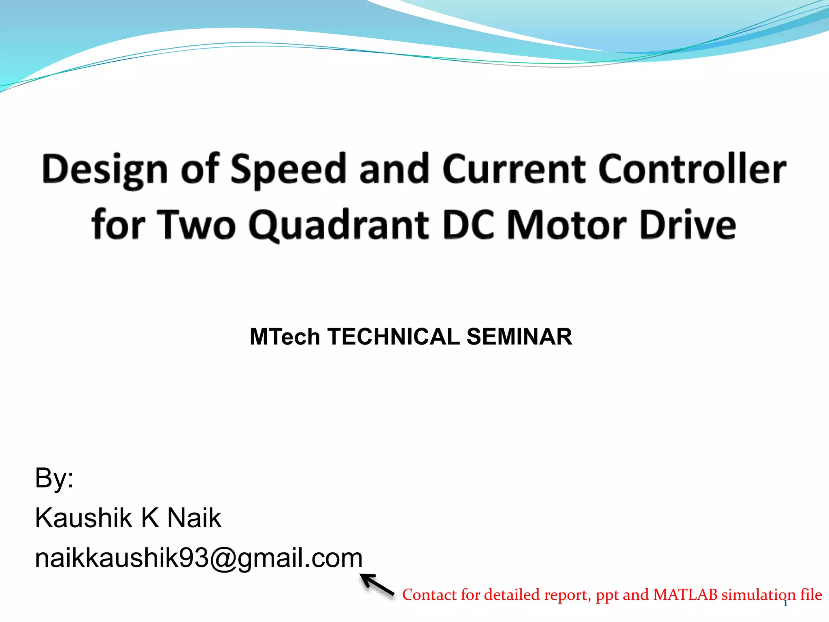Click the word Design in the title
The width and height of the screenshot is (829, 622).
pos(104,169)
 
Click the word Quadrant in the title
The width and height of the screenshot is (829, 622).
pos(338,225)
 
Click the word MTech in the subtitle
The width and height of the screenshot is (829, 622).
pos(285,337)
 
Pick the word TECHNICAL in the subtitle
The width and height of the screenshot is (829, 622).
pos(393,337)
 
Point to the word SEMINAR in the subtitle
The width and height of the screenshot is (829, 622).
pos(519,337)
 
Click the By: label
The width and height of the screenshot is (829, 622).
pos(54,478)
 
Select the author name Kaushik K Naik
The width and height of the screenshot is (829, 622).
pos(128,518)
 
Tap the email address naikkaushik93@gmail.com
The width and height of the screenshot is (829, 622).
pos(198,558)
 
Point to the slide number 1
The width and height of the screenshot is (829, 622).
pos(785,604)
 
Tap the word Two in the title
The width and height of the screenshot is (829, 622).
pos(196,225)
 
